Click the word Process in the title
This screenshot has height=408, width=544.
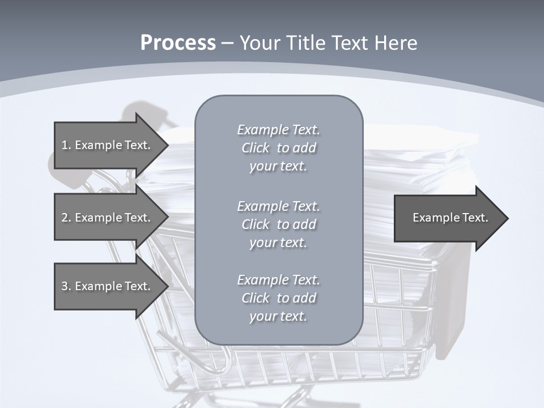(178, 43)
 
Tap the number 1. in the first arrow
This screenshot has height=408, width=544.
(66, 145)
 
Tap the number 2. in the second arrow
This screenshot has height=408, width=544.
(66, 218)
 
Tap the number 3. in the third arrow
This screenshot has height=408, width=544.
(66, 286)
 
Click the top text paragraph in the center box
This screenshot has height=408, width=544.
(278, 148)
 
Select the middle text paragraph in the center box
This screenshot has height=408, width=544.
(278, 224)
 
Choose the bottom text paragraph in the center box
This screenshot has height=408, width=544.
(278, 298)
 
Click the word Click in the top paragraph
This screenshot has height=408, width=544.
(256, 148)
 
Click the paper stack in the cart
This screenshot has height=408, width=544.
(419, 170)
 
